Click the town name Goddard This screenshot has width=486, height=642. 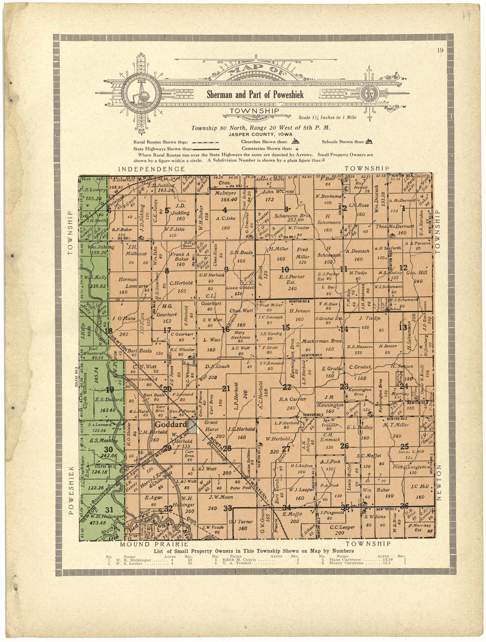point(170,425)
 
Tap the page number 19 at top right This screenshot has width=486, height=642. point(439,50)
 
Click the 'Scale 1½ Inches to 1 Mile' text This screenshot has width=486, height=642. point(327,118)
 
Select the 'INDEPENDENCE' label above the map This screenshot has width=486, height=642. point(152,169)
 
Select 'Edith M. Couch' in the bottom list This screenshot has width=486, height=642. point(239,559)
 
